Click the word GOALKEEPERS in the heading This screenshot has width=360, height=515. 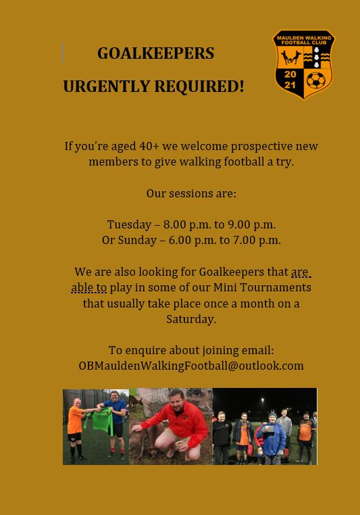[x=156, y=53]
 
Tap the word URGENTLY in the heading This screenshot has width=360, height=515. [x=106, y=87]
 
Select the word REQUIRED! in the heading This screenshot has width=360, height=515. [x=199, y=87]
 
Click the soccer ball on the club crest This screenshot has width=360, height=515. [x=315, y=80]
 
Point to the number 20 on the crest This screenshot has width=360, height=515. [x=290, y=74]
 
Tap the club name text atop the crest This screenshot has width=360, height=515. [x=304, y=40]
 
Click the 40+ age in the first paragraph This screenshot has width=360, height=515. [x=149, y=146]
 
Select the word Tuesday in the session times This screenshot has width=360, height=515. [x=129, y=224]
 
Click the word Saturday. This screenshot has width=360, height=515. [x=191, y=319]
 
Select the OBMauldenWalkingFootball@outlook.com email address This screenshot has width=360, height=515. [x=191, y=366]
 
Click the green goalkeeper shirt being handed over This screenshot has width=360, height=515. [x=103, y=420]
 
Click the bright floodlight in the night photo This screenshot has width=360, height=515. [x=263, y=399]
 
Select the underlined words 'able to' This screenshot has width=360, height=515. [x=89, y=287]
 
